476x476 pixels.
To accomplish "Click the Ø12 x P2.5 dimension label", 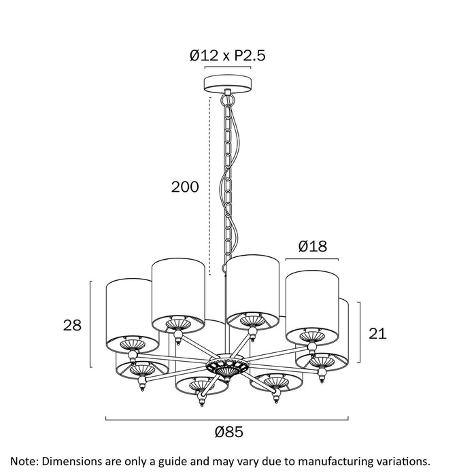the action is pyautogui.click(x=228, y=56).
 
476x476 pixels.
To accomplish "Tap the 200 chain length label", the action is pyautogui.click(x=185, y=187).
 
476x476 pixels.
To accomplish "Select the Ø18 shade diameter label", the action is pyautogui.click(x=313, y=246).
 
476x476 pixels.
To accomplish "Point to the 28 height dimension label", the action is pyautogui.click(x=72, y=325).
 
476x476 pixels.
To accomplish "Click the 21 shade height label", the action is pyautogui.click(x=377, y=333).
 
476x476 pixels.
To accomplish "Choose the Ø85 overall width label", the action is pyautogui.click(x=229, y=432).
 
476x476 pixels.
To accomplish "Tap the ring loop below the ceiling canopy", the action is pyautogui.click(x=228, y=99).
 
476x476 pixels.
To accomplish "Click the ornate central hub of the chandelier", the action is pyautogui.click(x=228, y=367).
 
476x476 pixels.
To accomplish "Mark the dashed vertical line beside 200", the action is pyautogui.click(x=209, y=186).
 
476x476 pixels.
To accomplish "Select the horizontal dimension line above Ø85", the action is pyautogui.click(x=226, y=420).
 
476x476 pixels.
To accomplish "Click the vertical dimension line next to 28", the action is pyautogui.click(x=90, y=324).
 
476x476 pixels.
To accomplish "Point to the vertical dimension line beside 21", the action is pyautogui.click(x=359, y=332).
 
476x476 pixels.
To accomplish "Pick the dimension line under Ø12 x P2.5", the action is pyautogui.click(x=228, y=67).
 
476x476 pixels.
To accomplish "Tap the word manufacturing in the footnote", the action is pyautogui.click(x=330, y=462).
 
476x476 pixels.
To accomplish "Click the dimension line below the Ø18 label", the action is pyautogui.click(x=312, y=259).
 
